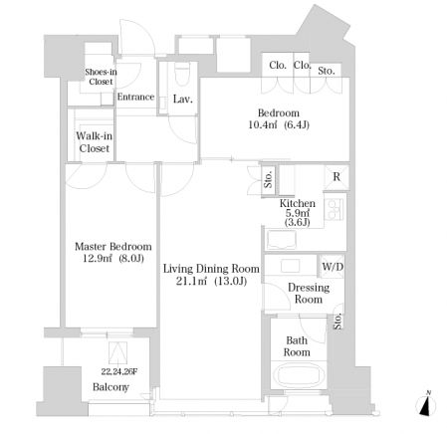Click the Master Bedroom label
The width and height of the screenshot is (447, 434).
pyautogui.click(x=113, y=247)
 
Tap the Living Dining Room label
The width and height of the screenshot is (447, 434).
pyautogui.click(x=211, y=269)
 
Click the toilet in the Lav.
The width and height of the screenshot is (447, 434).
pyautogui.click(x=181, y=76)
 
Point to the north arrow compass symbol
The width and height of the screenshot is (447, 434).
pyautogui.click(x=426, y=404)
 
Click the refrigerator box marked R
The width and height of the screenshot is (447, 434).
pyautogui.click(x=336, y=177)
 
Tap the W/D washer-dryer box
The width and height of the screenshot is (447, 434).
pyautogui.click(x=333, y=266)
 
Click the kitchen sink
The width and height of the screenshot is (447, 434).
pyautogui.click(x=282, y=240)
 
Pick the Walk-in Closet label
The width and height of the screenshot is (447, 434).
pyautogui.click(x=95, y=142)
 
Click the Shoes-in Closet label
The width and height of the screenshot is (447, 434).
pyautogui.click(x=101, y=77)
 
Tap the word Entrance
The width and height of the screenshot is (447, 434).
pyautogui.click(x=135, y=97)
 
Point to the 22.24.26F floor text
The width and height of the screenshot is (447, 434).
pyautogui.click(x=119, y=372)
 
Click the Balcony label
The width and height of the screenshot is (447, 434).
pyautogui.click(x=111, y=387)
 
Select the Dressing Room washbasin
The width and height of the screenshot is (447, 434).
pyautogui.click(x=291, y=266)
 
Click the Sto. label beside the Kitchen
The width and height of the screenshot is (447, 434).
pyautogui.click(x=268, y=179)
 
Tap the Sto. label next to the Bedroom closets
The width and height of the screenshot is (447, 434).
pyautogui.click(x=327, y=71)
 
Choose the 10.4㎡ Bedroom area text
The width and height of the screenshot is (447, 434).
pyautogui.click(x=263, y=125)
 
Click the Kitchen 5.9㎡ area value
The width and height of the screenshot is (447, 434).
pyautogui.click(x=298, y=213)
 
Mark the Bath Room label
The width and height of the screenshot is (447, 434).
pyautogui.click(x=297, y=346)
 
